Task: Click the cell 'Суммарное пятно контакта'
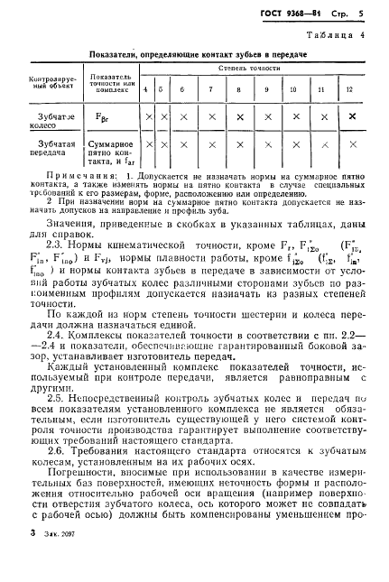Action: tap(112, 153)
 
